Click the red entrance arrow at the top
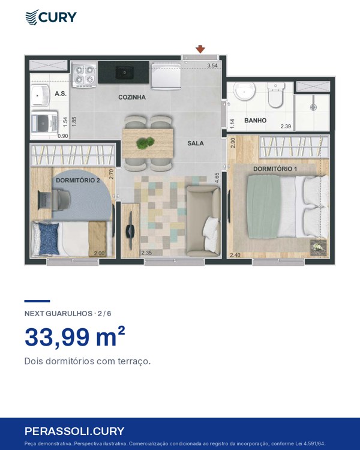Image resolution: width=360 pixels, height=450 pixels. point(200,49)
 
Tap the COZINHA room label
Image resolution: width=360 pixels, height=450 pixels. point(132,97)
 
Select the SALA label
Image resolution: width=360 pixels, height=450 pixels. point(196,143)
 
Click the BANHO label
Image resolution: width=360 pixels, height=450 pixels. point(255,121)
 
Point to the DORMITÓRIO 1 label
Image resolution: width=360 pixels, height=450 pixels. point(275,169)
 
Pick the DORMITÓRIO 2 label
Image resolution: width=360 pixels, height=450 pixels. point(78,180)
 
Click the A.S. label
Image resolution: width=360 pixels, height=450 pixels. point(61,94)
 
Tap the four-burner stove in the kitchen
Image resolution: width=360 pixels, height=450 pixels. point(83,75)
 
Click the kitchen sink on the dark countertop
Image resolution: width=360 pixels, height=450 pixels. point(124,73)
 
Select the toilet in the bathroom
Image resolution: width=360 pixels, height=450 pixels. point(275,95)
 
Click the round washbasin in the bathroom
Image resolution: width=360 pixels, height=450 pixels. point(244,91)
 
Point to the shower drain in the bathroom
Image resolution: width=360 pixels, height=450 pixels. point(313,107)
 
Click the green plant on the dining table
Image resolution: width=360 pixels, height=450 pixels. point(145,143)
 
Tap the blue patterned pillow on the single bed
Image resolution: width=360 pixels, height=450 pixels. point(49,239)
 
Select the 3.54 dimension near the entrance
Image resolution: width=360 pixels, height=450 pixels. point(212,66)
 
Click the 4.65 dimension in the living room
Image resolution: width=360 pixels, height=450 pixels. point(217,178)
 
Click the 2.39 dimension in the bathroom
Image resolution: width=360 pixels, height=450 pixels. point(286,126)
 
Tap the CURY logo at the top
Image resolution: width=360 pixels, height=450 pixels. point(51,17)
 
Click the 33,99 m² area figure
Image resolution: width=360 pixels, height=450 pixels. point(75,337)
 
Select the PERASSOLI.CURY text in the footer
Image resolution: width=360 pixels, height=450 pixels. point(74,431)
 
